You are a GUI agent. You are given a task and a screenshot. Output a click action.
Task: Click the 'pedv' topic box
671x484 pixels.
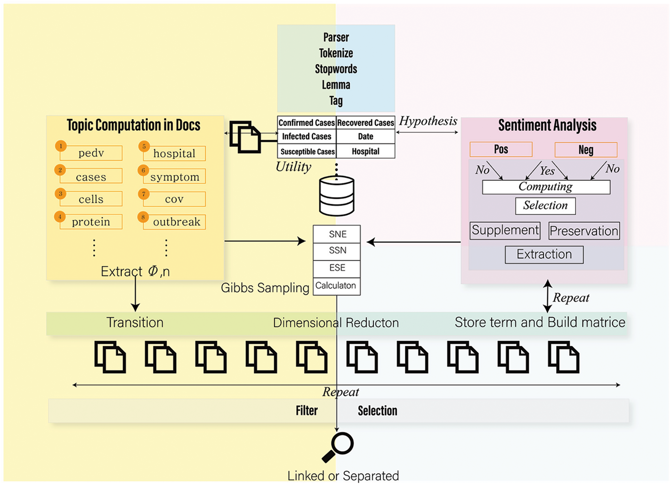(91, 153)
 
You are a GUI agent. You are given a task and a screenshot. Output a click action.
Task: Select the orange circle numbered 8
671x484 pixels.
(143, 217)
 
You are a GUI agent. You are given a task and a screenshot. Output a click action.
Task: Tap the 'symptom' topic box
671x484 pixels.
(175, 177)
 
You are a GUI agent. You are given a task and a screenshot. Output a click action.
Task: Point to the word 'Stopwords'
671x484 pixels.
(336, 69)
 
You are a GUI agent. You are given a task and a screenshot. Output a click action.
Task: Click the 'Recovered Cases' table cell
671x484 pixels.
(365, 123)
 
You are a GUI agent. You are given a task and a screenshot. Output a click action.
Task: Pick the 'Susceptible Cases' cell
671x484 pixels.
(307, 151)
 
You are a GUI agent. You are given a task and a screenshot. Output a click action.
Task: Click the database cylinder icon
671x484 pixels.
(337, 196)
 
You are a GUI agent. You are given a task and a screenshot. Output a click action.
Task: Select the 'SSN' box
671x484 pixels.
(337, 251)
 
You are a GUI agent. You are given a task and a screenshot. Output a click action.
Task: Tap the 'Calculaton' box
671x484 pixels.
(336, 286)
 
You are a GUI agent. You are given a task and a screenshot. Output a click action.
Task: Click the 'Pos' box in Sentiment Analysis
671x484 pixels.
(501, 149)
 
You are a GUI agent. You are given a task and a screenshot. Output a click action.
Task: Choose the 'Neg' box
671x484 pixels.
(586, 150)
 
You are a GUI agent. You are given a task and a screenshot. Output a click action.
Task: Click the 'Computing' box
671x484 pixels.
(545, 187)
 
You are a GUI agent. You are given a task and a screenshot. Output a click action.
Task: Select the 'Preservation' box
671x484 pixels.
(584, 231)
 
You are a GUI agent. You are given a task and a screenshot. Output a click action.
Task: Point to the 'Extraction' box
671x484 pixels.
(544, 255)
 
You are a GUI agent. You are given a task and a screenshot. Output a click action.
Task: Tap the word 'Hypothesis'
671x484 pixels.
(428, 121)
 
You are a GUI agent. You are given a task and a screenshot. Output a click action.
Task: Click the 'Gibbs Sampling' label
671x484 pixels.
(265, 288)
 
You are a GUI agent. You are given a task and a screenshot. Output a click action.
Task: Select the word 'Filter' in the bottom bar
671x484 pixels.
(307, 411)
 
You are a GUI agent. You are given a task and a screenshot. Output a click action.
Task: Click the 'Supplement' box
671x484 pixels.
(505, 231)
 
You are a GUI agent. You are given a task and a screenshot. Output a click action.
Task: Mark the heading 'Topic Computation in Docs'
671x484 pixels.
(134, 125)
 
